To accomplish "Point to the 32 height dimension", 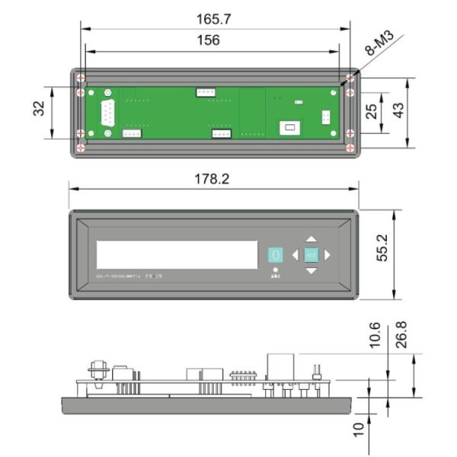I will (38, 111).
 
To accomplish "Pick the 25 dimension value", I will (371, 111).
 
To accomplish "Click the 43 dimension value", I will (398, 111).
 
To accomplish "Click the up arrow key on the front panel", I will (311, 238).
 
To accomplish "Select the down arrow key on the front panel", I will (311, 271).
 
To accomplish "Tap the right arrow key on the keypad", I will (328, 255).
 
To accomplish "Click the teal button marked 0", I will (275, 254).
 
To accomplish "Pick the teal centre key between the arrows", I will (311, 255).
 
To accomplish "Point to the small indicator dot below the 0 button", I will (275, 270).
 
